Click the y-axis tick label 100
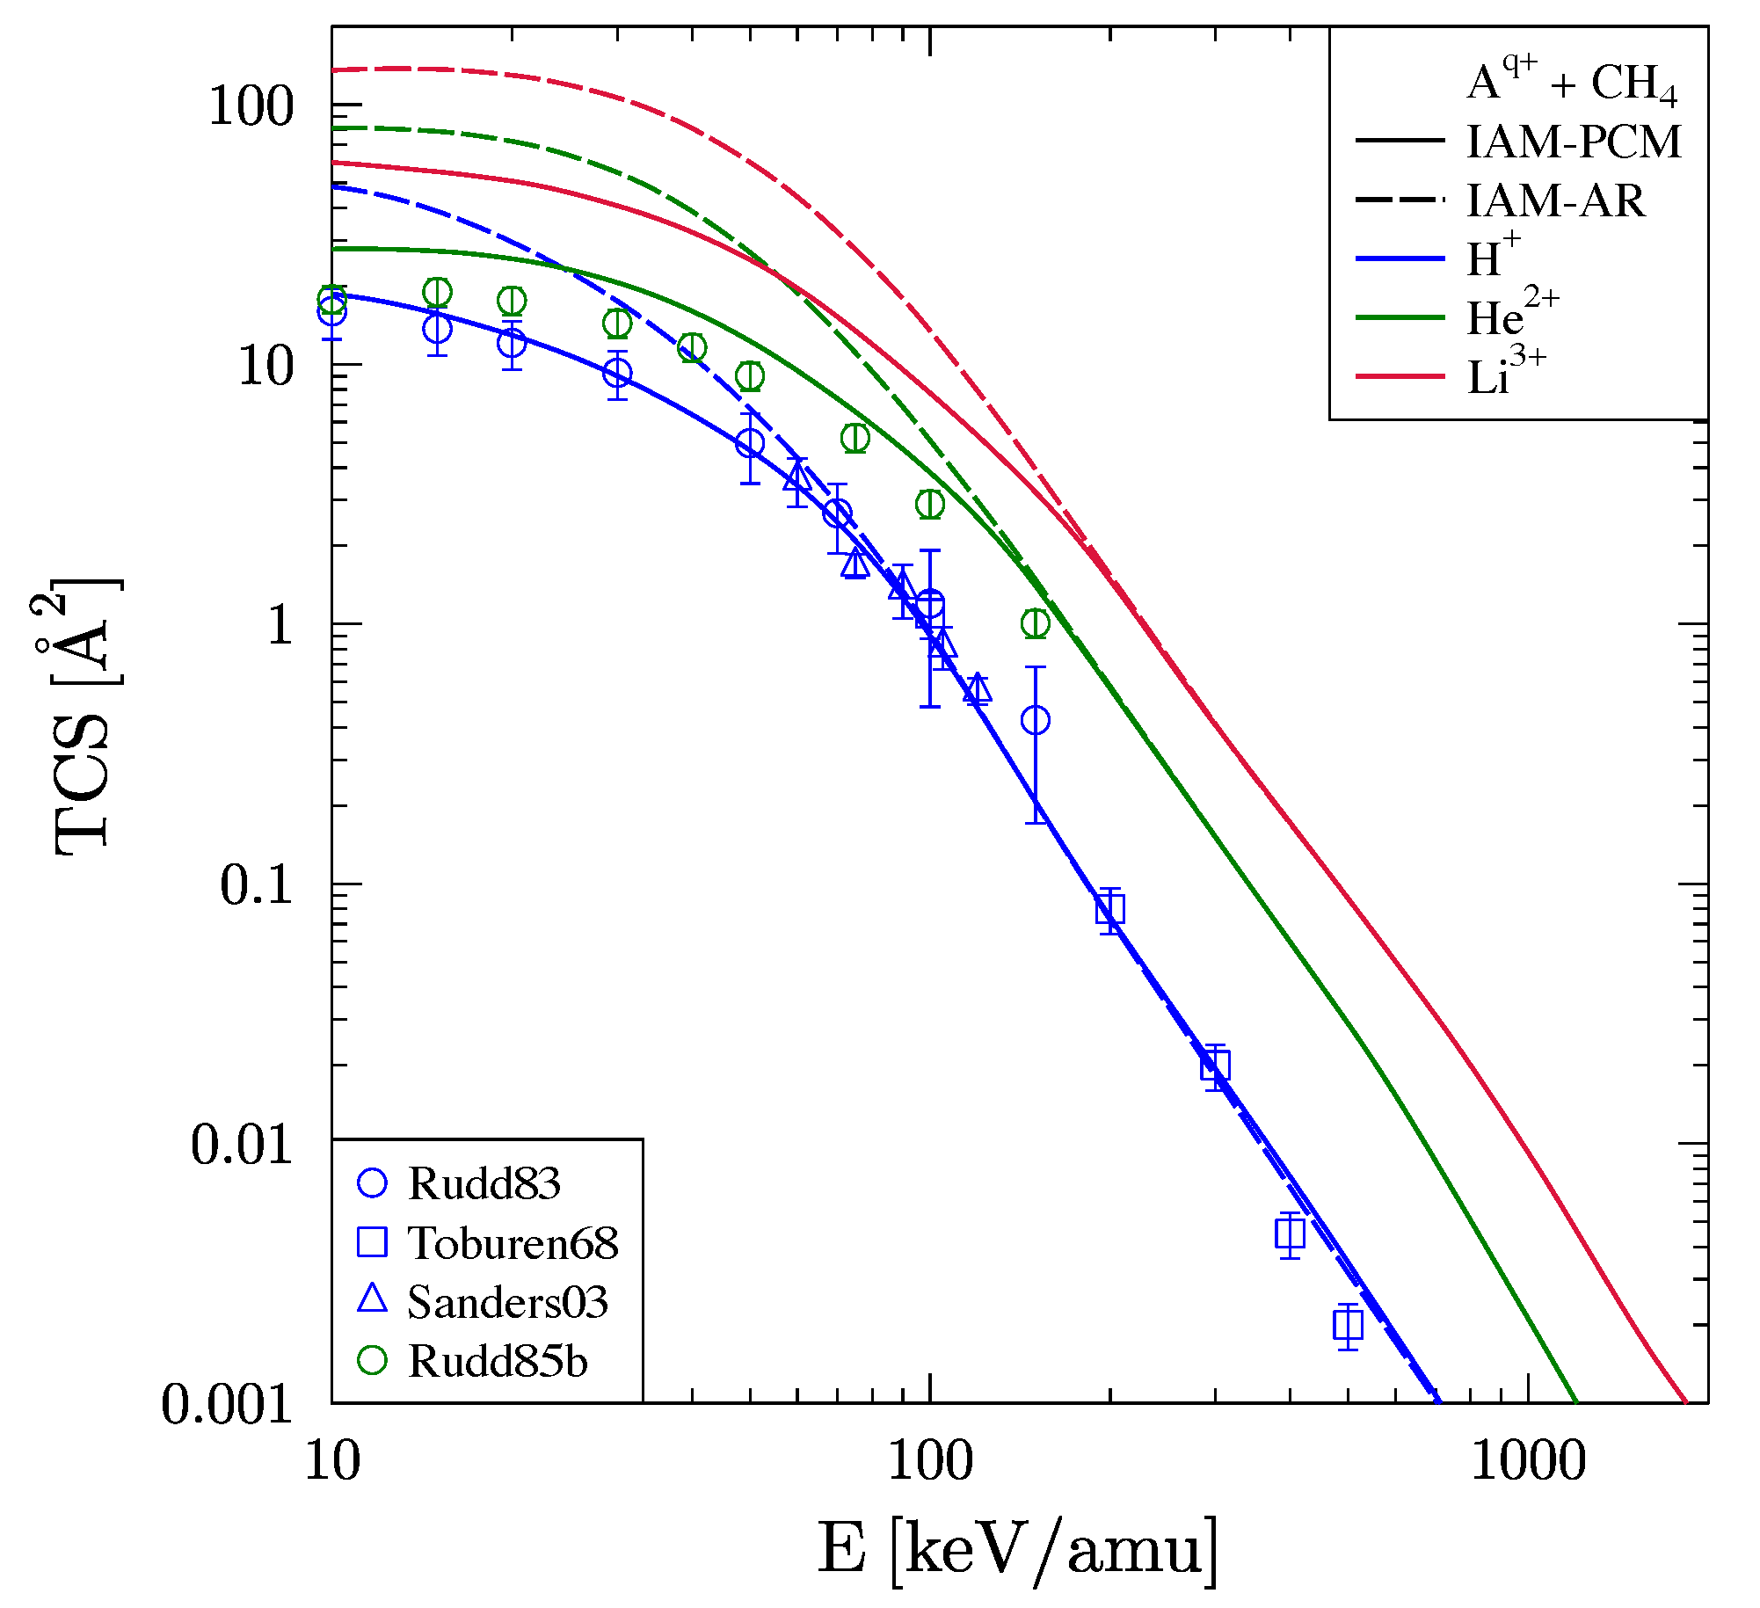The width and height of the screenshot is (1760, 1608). (250, 107)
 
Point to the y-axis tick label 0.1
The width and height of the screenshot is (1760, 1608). (256, 884)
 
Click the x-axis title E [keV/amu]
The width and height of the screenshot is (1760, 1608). (1018, 1550)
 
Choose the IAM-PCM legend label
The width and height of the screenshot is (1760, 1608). (1574, 142)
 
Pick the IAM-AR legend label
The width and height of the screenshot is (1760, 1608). (1555, 201)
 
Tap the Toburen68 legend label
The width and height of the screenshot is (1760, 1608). (513, 1243)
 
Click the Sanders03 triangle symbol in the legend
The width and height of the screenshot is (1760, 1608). (373, 1299)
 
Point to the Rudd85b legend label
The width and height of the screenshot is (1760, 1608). (498, 1362)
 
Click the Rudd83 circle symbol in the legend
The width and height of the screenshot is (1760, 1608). (373, 1183)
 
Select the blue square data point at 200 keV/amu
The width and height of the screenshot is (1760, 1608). (1110, 910)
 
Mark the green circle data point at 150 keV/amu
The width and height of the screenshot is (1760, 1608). (1036, 623)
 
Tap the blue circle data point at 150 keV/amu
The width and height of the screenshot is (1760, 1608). (1036, 720)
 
